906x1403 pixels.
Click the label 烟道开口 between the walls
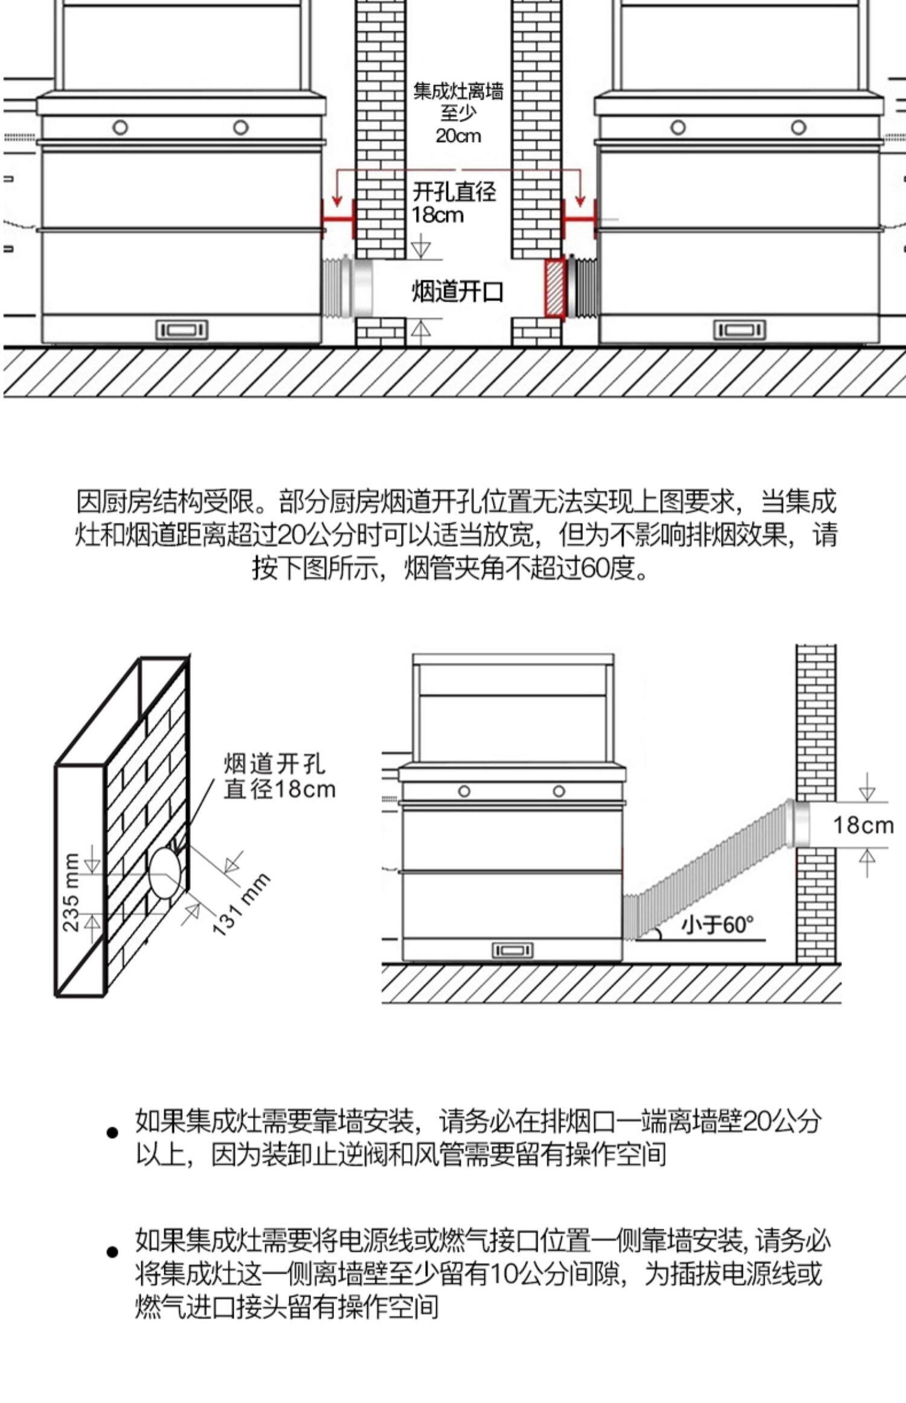tap(457, 291)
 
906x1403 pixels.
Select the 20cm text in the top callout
tap(458, 135)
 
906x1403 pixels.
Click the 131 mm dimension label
tap(241, 904)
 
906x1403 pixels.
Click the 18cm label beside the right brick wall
tap(863, 825)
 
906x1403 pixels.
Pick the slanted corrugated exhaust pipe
tap(707, 870)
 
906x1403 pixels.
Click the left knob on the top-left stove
tap(120, 127)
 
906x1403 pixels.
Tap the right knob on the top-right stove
tap(798, 127)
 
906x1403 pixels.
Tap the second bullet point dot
tap(112, 1252)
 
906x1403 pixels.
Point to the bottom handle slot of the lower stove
tap(513, 950)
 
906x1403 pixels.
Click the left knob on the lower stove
tap(464, 791)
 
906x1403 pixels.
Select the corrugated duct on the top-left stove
tap(338, 288)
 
